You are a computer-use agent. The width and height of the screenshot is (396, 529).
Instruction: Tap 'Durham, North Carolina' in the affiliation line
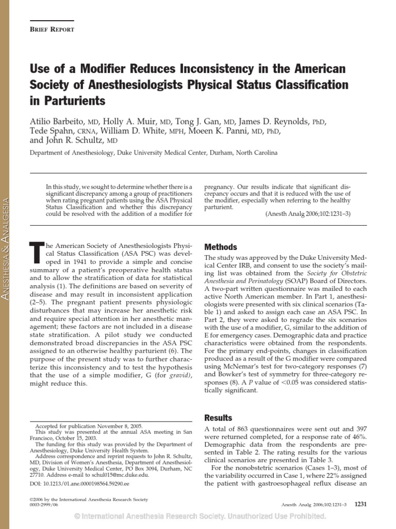pos(244,153)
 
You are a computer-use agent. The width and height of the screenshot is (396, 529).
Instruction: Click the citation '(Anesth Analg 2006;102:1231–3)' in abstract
pos(307,214)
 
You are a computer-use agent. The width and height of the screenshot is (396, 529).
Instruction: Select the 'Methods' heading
pos(221,247)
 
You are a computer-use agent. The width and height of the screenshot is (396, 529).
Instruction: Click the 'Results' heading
pos(218,417)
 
